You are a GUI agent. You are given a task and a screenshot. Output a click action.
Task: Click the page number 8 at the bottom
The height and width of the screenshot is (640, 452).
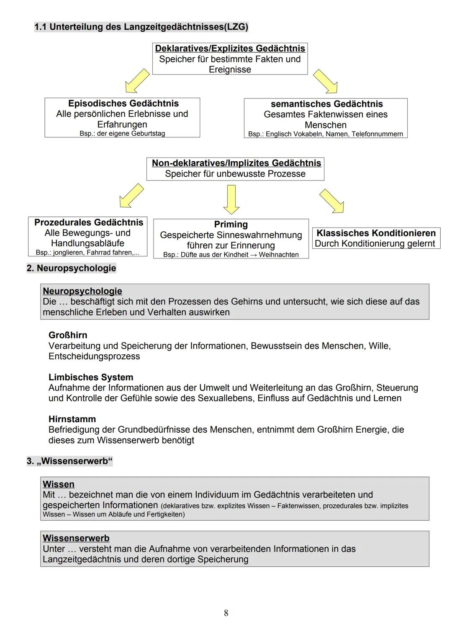point(226,613)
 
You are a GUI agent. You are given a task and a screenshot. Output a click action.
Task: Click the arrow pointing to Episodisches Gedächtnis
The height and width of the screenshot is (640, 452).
point(137,81)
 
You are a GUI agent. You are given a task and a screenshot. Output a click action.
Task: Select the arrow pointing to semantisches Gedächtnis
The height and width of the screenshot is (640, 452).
point(325,81)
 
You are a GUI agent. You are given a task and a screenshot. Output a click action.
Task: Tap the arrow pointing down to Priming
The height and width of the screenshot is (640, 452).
point(231,199)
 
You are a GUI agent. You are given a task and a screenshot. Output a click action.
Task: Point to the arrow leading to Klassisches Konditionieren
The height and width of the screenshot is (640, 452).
point(332,201)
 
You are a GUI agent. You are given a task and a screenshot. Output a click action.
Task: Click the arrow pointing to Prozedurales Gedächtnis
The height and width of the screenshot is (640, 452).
point(131,195)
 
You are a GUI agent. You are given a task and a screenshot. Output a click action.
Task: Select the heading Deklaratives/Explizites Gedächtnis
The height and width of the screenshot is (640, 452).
point(230,49)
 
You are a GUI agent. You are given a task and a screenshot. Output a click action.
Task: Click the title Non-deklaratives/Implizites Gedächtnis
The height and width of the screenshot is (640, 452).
point(236,163)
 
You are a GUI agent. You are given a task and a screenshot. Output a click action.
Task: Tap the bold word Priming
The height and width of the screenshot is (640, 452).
point(231,225)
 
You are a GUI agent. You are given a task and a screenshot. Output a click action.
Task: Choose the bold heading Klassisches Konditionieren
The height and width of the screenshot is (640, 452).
point(376,233)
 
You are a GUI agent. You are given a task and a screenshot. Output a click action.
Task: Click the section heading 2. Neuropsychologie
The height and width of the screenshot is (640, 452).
point(71,268)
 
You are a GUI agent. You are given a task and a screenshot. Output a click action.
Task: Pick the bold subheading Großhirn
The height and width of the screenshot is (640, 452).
point(68,335)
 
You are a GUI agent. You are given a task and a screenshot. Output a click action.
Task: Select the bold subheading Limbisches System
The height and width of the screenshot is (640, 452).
point(91,377)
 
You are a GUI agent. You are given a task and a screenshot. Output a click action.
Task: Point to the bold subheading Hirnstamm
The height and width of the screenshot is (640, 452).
point(72,419)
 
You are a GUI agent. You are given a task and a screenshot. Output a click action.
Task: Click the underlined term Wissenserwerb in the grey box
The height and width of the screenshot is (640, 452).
point(76,538)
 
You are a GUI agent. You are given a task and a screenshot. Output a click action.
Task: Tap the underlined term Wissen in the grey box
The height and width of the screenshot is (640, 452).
point(59,484)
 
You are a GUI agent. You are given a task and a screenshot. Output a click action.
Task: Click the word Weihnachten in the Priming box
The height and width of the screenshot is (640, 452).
point(279,255)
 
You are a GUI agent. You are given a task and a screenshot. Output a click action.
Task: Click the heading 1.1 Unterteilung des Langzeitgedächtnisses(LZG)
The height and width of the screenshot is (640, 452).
point(141,27)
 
